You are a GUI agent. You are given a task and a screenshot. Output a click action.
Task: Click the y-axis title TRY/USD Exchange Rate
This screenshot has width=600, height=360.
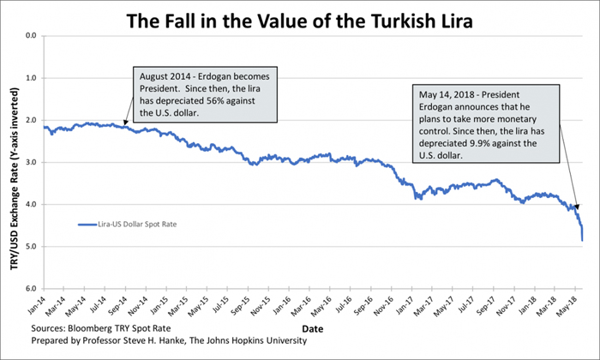pyautogui.click(x=15, y=163)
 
